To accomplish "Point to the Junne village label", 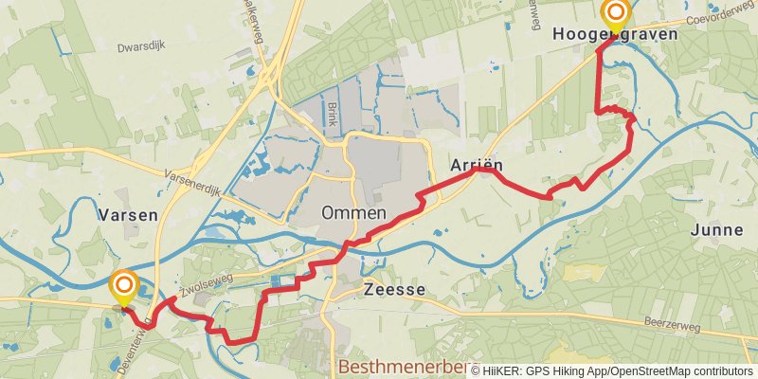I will pyautogui.click(x=716, y=229).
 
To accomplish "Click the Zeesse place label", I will pyautogui.click(x=394, y=292).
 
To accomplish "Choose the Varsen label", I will pyautogui.click(x=127, y=215).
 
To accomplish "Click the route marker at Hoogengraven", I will pyautogui.click(x=616, y=13).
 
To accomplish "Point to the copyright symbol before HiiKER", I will pyautogui.click(x=476, y=371).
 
